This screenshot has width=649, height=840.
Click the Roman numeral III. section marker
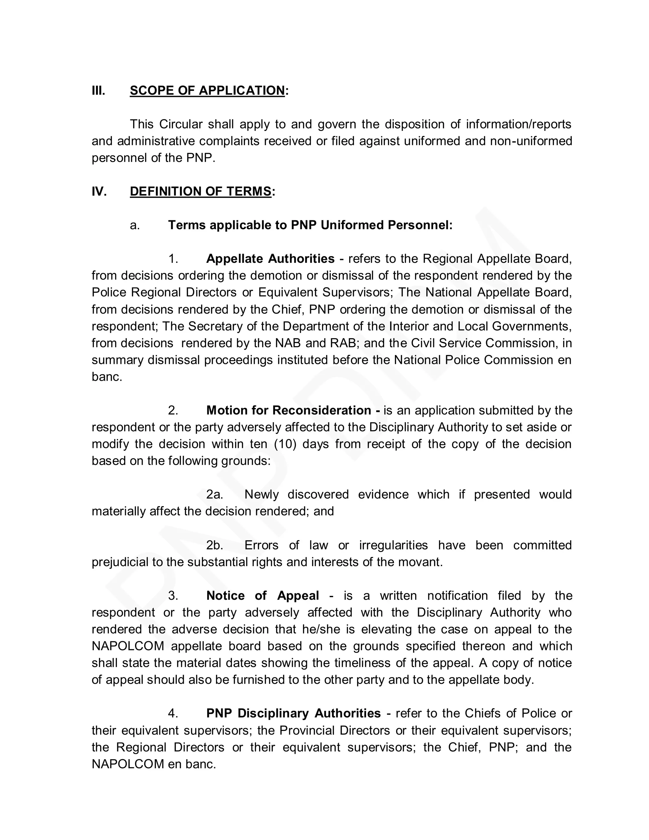(x=98, y=91)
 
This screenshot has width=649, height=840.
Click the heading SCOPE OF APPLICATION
(x=207, y=91)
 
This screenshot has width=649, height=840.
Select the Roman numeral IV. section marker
(x=99, y=191)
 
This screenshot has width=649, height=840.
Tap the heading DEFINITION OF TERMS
(x=201, y=191)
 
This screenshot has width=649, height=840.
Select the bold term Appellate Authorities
(x=270, y=259)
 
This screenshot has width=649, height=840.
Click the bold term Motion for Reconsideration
(x=289, y=410)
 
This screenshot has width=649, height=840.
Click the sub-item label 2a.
(x=215, y=494)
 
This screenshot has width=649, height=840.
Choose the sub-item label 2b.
(x=215, y=546)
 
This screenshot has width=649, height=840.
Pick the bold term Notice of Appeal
(x=263, y=596)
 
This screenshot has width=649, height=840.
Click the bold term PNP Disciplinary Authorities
(x=293, y=714)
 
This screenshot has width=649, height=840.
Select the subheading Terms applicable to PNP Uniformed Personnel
(x=310, y=225)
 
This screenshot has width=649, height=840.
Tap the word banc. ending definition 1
(x=106, y=377)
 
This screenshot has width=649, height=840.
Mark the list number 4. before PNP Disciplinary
(x=173, y=714)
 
